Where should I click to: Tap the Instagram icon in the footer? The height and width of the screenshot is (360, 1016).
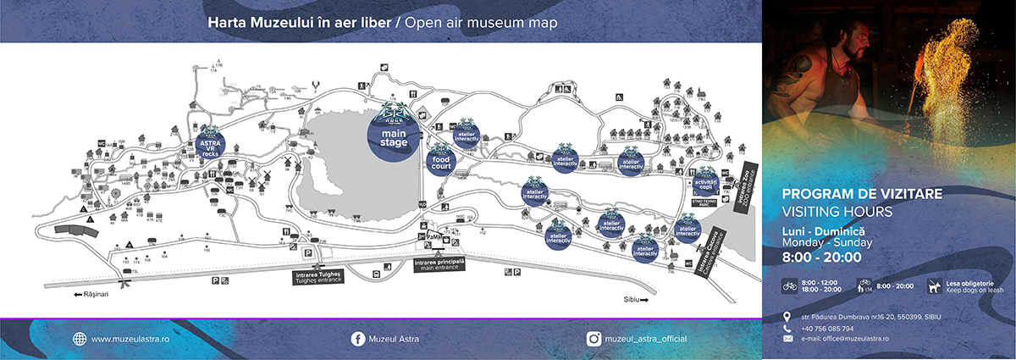click(x=595, y=339)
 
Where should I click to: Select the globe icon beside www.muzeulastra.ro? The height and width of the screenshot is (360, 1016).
click(x=80, y=339)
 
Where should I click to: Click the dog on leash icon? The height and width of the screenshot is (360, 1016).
click(x=934, y=286)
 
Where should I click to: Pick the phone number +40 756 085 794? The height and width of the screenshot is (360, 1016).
click(x=828, y=328)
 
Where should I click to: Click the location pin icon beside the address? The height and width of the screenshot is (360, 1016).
click(x=788, y=317)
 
